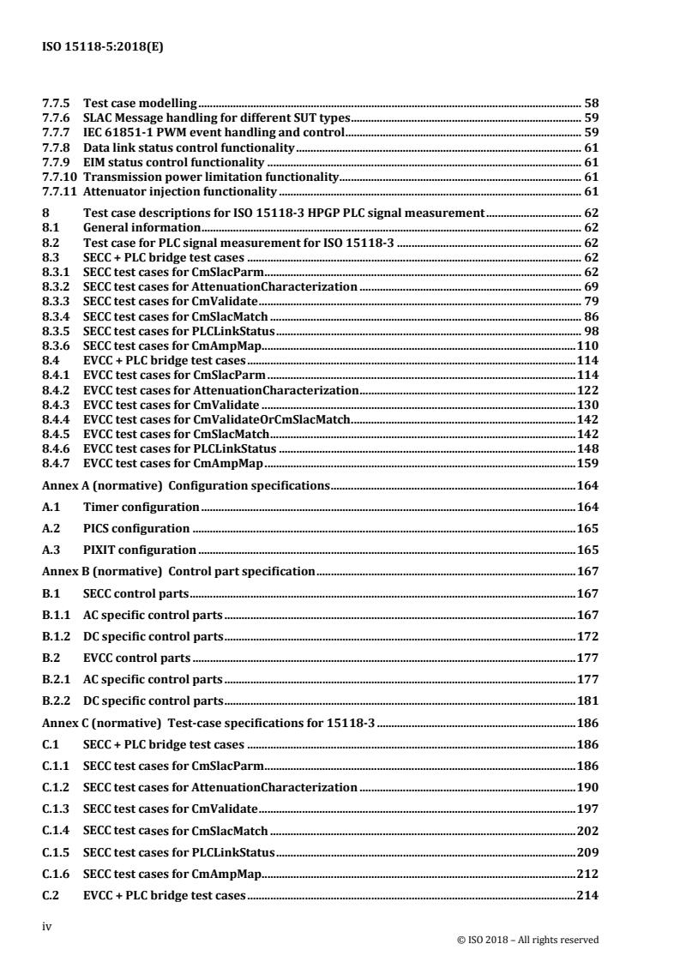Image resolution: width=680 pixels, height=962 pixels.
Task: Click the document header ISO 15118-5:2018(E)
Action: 102,48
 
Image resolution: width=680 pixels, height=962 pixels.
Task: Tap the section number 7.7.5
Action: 57,103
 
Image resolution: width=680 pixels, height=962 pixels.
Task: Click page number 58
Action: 591,103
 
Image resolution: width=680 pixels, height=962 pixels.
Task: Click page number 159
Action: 587,464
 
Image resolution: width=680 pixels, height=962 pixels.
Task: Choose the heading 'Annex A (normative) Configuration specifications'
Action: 186,485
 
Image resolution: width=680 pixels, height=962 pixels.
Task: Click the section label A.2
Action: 51,528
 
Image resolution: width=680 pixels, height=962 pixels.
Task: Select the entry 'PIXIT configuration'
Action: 140,550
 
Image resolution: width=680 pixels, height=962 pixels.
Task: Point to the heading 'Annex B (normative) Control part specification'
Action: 179,571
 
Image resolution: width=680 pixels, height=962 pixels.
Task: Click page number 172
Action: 587,636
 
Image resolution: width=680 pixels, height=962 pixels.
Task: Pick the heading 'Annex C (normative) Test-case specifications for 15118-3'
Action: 210,723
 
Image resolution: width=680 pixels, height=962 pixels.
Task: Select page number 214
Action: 587,895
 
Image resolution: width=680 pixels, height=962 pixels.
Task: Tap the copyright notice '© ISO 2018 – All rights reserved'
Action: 528,940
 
